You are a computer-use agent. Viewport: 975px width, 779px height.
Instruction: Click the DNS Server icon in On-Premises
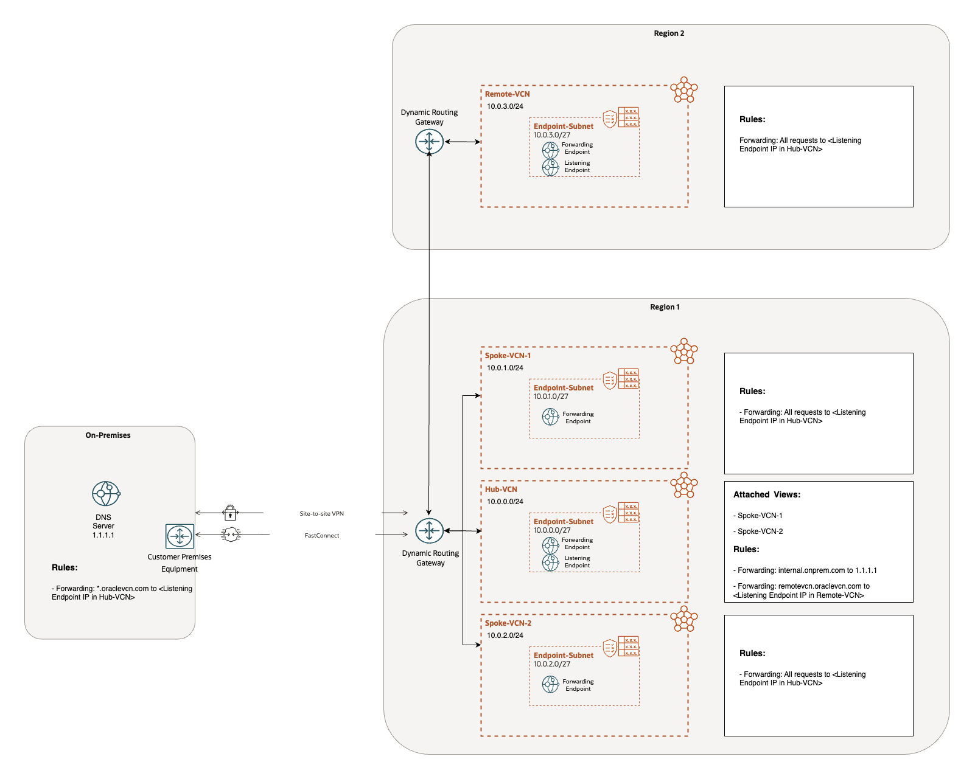click(106, 493)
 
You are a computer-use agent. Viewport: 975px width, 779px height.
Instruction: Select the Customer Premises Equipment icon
click(180, 536)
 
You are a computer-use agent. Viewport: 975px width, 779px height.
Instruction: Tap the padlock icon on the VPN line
click(230, 513)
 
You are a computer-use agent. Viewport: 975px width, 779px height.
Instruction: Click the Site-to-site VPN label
click(321, 514)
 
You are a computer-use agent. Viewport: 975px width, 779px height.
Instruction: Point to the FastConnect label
click(321, 536)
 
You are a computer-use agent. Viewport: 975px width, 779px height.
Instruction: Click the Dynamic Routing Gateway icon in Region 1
click(429, 531)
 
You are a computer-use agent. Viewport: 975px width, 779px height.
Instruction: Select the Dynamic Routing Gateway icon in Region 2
click(429, 142)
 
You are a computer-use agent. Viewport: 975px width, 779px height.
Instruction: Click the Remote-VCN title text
click(507, 94)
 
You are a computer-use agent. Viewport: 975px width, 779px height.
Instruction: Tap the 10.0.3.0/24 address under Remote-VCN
click(505, 106)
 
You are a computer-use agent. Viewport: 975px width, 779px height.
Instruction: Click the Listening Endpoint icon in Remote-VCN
click(550, 167)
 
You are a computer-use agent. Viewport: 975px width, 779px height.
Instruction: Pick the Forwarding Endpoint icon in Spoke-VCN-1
click(550, 417)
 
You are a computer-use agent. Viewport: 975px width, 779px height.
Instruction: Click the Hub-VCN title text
click(501, 490)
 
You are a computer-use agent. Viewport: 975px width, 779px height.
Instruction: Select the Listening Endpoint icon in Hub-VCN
click(550, 563)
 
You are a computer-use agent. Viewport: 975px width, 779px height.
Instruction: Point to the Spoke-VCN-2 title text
click(508, 623)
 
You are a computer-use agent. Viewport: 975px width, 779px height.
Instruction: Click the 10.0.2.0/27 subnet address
click(551, 664)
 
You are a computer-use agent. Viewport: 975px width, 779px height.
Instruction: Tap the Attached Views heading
click(766, 495)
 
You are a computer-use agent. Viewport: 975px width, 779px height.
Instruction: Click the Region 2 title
click(669, 33)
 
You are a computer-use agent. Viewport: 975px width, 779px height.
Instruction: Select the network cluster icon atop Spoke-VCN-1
click(683, 351)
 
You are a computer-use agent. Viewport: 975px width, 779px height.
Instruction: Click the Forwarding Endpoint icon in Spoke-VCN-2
click(550, 685)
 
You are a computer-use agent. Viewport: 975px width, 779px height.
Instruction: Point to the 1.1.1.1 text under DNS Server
click(103, 535)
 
